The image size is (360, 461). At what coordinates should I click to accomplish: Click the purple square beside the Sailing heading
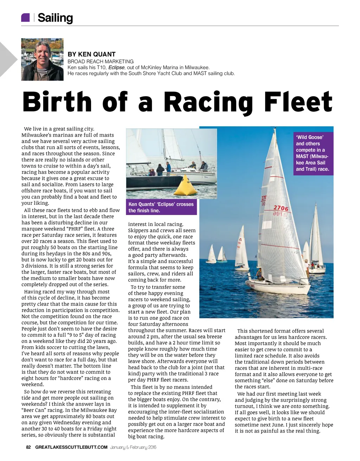click(x=25, y=17)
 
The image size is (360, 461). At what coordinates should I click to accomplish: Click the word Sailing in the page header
click(x=55, y=18)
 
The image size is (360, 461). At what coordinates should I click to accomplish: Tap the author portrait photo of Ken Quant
click(x=42, y=59)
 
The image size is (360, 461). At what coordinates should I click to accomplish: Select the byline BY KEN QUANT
click(x=91, y=54)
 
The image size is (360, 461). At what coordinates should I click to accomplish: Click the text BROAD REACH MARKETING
click(x=101, y=61)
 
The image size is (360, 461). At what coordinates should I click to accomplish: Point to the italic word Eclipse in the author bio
click(x=116, y=68)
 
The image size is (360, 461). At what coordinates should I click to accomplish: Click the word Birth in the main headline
click(x=57, y=102)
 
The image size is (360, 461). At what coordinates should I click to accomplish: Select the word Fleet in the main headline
click(x=298, y=102)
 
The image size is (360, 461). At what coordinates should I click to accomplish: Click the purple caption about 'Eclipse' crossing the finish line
click(x=161, y=207)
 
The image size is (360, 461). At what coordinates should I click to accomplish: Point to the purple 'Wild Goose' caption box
click(x=313, y=153)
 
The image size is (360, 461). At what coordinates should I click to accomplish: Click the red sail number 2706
click(x=281, y=208)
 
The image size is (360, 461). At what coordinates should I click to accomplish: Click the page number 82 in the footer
click(x=28, y=447)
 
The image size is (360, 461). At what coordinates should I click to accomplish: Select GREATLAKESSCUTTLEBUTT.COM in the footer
click(x=71, y=447)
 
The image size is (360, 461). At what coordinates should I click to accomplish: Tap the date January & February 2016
click(x=133, y=447)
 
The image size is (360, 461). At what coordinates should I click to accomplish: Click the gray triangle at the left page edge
click(x=7, y=59)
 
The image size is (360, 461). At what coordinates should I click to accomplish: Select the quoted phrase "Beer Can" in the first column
click(x=34, y=410)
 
